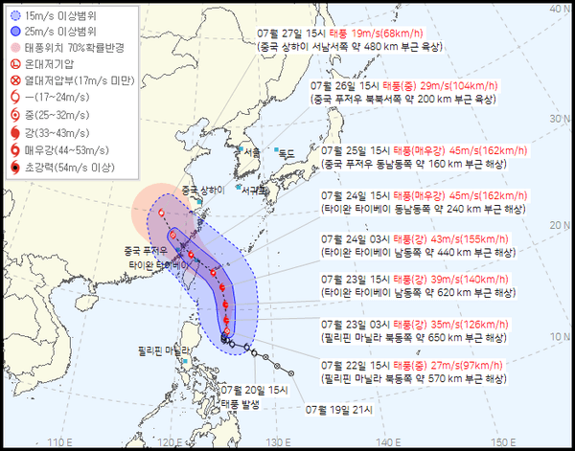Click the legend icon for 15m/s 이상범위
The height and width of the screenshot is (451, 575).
[18, 16]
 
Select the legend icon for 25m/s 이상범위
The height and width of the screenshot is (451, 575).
[18, 32]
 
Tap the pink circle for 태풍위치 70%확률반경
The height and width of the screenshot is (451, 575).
[18, 47]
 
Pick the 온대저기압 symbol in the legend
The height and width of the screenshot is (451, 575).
[18, 63]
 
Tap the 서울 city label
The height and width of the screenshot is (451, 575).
[251, 152]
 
